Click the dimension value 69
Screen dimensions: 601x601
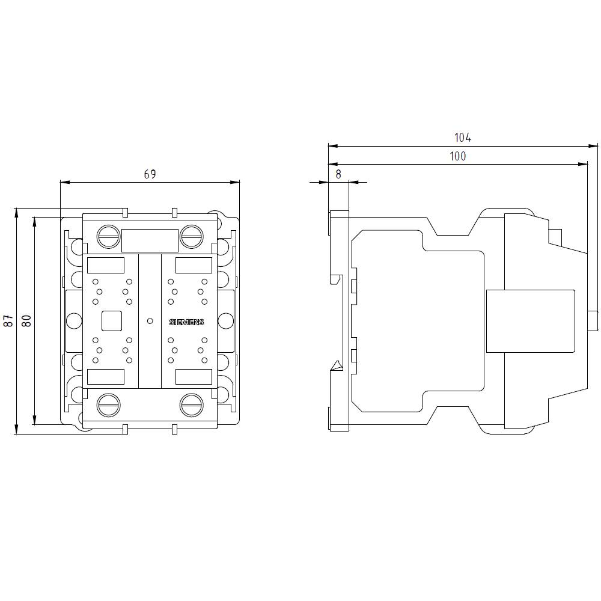point(150,174)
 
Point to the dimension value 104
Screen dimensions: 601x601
point(462,138)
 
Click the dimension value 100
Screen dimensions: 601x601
point(457,156)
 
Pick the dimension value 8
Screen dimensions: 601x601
point(338,174)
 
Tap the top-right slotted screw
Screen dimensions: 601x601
point(191,236)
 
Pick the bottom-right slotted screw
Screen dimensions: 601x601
point(191,404)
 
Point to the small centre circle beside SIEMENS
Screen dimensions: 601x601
point(150,321)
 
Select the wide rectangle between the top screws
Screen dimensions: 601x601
point(150,240)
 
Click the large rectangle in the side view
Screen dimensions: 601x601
point(529,321)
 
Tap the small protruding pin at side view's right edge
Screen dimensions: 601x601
point(593,321)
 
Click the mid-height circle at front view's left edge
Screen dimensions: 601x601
point(73,321)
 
